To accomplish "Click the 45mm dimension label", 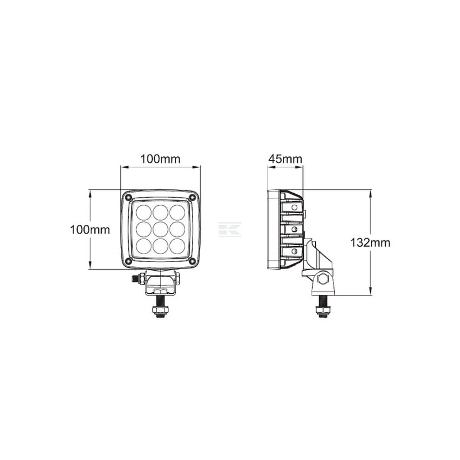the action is coord(285,159).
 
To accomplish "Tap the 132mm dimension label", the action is coord(370,243).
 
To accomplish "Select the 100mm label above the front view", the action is coord(160,159).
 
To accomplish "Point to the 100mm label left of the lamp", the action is coord(90,229).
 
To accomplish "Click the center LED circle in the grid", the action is coord(160,229).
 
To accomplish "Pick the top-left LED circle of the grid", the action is coord(144,212).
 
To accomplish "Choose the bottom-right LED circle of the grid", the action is coord(177,246).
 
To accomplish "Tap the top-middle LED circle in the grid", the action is coord(160,212).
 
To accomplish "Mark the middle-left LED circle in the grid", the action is coord(144,229).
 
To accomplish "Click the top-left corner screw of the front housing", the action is coord(128,197).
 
